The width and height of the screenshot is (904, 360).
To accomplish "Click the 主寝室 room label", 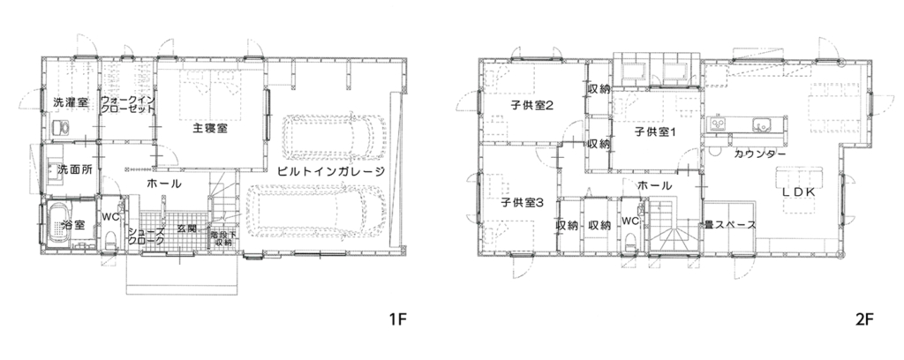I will tap(210, 128).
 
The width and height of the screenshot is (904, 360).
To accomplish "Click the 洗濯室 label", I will tap(70, 102).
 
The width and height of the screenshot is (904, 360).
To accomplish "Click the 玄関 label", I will tap(186, 229).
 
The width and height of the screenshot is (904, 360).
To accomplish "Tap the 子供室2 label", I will tap(531, 107).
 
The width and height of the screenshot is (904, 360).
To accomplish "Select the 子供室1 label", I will tap(654, 133).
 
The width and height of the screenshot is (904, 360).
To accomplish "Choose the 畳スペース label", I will tap(730, 225).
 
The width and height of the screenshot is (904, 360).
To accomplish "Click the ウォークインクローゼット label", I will tap(127, 105).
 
